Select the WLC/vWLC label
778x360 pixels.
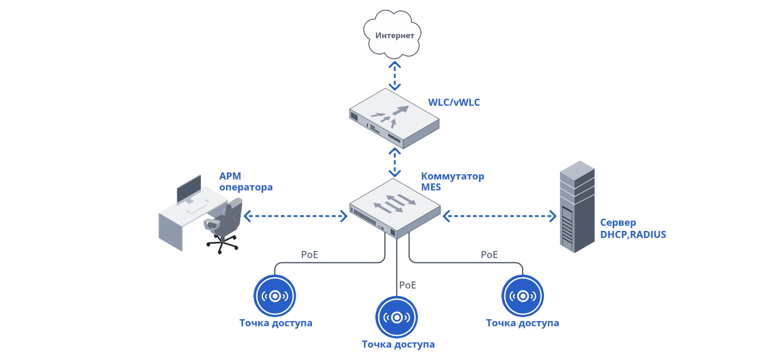(454, 102)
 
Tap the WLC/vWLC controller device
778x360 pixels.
(394, 118)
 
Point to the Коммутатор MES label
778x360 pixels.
(452, 182)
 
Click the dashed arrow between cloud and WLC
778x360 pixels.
(395, 74)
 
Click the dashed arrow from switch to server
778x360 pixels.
(500, 216)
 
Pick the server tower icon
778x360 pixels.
(576, 206)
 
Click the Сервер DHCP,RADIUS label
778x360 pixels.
(632, 228)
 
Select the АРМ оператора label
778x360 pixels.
(246, 182)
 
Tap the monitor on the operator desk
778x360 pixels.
(189, 189)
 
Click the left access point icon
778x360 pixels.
(275, 296)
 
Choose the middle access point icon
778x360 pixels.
(397, 317)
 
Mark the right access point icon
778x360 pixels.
(522, 296)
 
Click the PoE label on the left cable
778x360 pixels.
(309, 255)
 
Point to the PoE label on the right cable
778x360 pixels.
(489, 255)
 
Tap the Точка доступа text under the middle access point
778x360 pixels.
(398, 344)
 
